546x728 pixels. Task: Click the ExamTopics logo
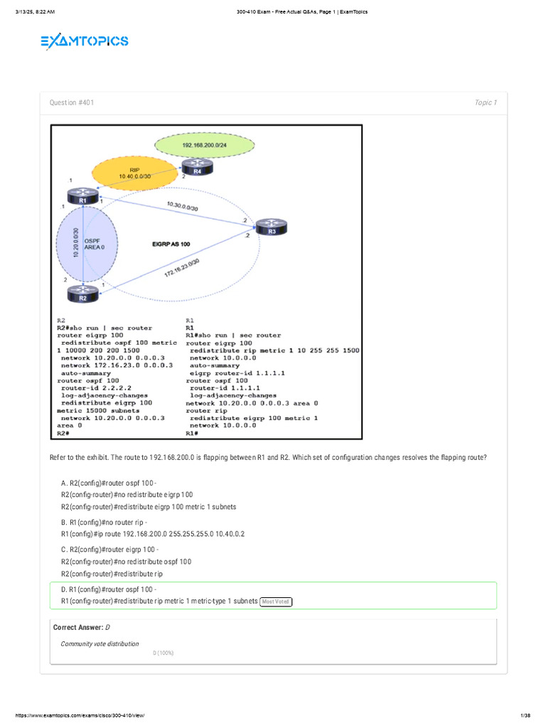[x=84, y=42]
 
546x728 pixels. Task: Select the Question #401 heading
[x=71, y=103]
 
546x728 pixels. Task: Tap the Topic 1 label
[x=486, y=103]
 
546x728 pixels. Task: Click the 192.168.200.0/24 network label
[x=205, y=145]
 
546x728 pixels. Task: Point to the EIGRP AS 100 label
[x=171, y=244]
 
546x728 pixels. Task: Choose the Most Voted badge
[x=276, y=601]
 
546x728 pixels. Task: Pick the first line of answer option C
[x=110, y=550]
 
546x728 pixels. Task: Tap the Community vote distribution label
[x=100, y=643]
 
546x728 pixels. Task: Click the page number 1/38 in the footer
[x=526, y=714]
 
